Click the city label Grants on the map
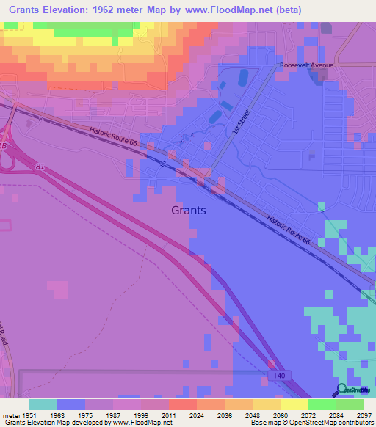pyautogui.click(x=189, y=210)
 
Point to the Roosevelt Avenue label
pyautogui.click(x=306, y=65)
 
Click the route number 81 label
pyautogui.click(x=39, y=167)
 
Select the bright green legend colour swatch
pyautogui.click(x=322, y=404)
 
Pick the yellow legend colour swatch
pyautogui.click(x=294, y=404)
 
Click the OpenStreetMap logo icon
pyautogui.click(x=341, y=389)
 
